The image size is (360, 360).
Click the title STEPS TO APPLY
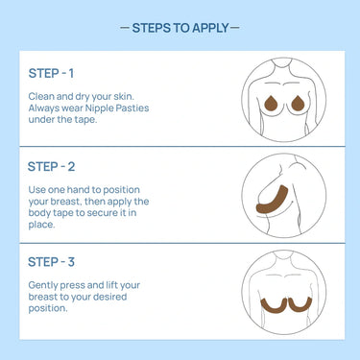180,28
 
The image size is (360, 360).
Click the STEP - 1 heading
51,73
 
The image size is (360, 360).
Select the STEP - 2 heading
51,167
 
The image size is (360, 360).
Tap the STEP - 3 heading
51,262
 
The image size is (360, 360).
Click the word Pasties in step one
132,108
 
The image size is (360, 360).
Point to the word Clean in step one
39,96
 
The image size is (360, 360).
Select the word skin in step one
124,96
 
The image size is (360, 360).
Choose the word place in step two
41,225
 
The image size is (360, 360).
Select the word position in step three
48,309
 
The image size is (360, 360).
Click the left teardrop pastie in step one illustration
272,104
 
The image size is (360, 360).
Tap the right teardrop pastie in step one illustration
298,104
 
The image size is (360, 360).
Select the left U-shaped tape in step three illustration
273,309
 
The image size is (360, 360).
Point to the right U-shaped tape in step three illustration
300,309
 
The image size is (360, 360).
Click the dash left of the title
125,28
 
